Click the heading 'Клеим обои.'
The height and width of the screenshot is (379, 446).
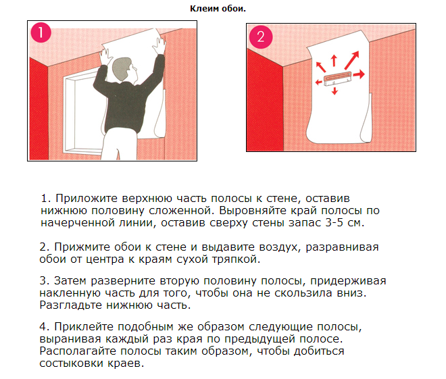[218, 9]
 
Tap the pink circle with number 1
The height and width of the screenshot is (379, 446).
[41, 32]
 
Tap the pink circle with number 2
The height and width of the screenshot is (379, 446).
[261, 36]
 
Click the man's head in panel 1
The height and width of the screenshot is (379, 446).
[124, 69]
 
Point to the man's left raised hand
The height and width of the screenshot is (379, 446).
[105, 57]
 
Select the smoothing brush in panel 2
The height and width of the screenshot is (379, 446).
[337, 79]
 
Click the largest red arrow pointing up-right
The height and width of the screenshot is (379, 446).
[352, 60]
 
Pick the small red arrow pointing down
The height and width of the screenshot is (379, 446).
[334, 91]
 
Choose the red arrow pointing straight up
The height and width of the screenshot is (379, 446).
[334, 61]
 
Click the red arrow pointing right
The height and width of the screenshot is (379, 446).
[359, 74]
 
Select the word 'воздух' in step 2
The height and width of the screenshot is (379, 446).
[279, 247]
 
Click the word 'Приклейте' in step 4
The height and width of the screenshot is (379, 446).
[84, 327]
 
